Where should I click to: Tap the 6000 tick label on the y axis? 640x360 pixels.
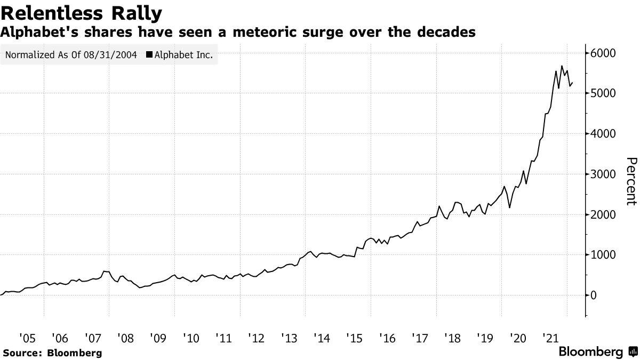[x=603, y=53]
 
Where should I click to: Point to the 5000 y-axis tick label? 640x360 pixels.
[x=603, y=93]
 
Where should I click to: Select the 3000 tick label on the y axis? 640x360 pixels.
[x=603, y=174]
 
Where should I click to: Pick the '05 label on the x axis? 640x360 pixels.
[x=27, y=338]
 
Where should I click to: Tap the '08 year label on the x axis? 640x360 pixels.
[x=125, y=338]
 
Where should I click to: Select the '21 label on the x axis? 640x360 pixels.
[x=550, y=338]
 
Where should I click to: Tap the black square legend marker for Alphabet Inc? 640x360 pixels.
[x=149, y=55]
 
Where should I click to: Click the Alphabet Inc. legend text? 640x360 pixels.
[x=183, y=55]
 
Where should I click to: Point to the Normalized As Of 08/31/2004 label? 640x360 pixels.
[x=70, y=55]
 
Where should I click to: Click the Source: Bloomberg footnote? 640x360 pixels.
[x=52, y=353]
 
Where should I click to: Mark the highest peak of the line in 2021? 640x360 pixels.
[x=562, y=66]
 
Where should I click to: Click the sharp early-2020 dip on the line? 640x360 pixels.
[x=510, y=207]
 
